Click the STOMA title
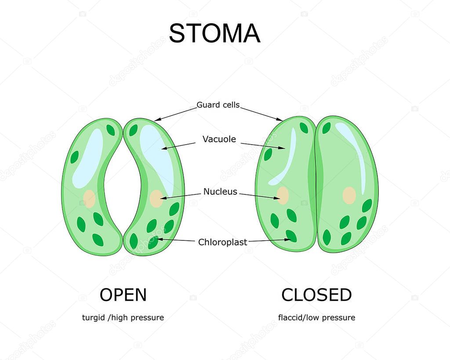pos(214,33)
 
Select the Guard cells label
pos(218,105)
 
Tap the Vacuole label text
pos(219,139)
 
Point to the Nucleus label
pos(221,192)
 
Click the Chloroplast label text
pos(223,242)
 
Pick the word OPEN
pos(123,295)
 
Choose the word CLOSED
pos(316,295)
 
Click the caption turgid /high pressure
pos(123,317)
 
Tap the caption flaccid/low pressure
pos(316,317)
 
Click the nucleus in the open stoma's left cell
pos(89,199)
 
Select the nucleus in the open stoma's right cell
pos(156,198)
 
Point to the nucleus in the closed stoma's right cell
pos(349,196)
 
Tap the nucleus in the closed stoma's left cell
pos(283,196)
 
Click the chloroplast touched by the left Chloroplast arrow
pos(153,243)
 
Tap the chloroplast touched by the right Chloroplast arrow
pos(291,236)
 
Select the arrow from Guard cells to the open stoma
pos(175,114)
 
